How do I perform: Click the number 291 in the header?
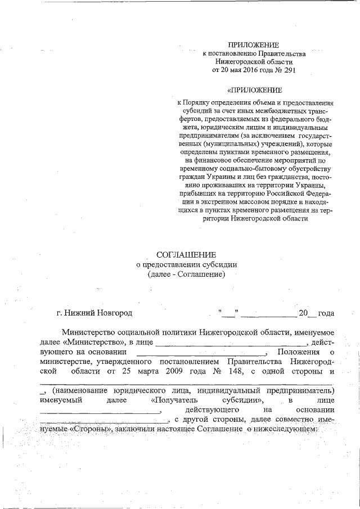pos(287,70)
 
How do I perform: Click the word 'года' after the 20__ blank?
pos(326,313)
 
